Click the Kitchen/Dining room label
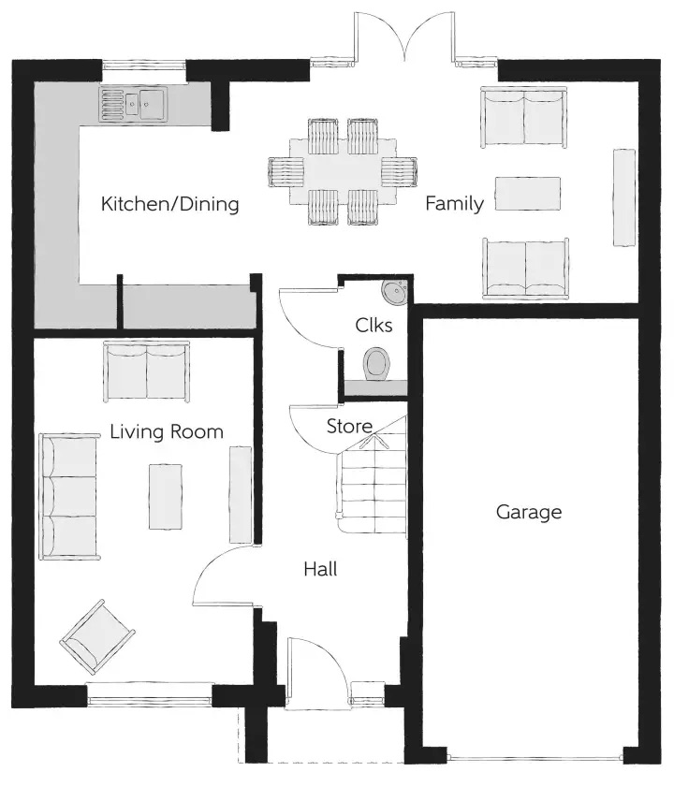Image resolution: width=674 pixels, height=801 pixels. point(169,204)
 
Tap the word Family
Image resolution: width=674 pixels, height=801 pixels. point(454,203)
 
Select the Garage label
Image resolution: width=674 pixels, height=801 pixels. point(529,512)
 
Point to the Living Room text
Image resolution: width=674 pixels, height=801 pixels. point(167,431)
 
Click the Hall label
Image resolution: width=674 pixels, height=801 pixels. point(320,569)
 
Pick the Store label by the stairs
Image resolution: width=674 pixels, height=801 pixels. point(349,426)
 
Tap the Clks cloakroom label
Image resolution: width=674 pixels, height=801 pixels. point(374,326)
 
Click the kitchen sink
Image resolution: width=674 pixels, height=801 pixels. point(133,105)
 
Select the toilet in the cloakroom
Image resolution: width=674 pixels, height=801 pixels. point(376,364)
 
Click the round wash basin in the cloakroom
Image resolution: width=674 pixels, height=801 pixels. point(394,291)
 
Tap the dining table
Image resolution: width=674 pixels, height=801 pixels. point(343,171)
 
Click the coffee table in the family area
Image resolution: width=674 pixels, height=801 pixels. point(527,194)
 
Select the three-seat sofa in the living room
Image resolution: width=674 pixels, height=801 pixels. point(69,497)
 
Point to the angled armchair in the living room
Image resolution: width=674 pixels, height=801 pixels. point(97,636)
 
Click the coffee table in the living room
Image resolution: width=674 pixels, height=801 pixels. point(166,497)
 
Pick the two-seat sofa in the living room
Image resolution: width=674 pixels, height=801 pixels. point(147,371)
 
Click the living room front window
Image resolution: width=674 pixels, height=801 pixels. point(149,694)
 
